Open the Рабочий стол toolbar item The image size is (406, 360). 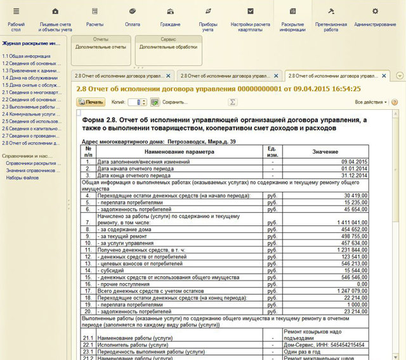16,17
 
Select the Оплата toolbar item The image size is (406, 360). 133,17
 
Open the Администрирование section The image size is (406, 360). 375,17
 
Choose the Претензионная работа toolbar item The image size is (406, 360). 331,17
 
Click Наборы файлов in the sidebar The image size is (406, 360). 22,178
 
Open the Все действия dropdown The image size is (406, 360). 370,102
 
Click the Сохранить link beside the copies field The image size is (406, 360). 175,102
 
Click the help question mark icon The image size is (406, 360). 395,102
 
